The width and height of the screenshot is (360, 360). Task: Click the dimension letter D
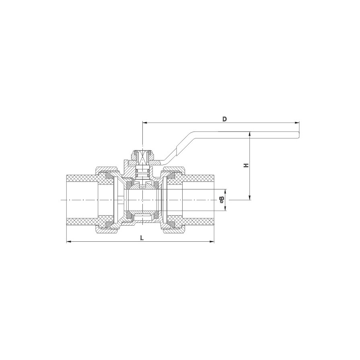tap(225, 119)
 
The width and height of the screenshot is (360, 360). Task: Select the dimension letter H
tap(246, 165)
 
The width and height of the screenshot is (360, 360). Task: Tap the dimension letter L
tap(142, 238)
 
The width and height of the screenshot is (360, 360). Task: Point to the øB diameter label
tap(222, 200)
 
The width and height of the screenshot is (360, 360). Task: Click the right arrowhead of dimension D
tap(298, 123)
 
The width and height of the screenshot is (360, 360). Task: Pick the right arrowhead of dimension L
tap(212, 241)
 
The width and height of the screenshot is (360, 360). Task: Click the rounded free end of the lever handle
tap(298, 135)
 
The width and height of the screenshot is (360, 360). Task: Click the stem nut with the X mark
tap(142, 156)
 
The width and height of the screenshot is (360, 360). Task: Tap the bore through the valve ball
tap(142, 200)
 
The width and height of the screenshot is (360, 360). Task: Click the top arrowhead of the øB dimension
tap(226, 191)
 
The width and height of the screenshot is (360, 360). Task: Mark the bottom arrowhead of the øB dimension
tap(226, 208)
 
